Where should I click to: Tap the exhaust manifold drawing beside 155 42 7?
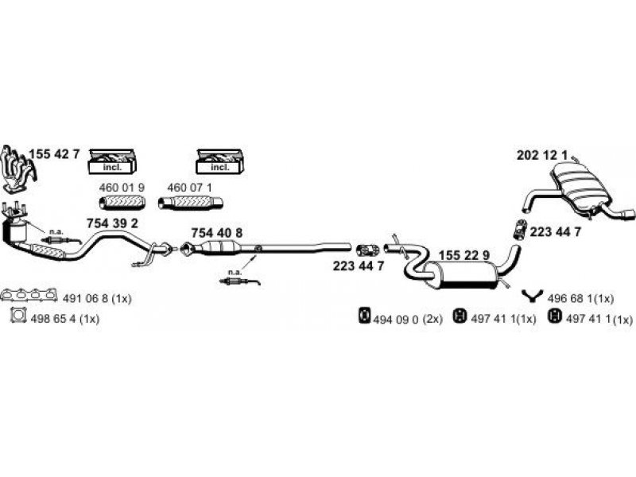click(17, 169)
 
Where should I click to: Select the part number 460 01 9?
click(122, 188)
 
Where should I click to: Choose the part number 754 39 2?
click(112, 223)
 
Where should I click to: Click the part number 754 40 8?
click(217, 232)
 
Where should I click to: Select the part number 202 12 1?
click(542, 155)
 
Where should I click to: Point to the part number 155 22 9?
click(464, 254)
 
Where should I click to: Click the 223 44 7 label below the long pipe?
click(359, 266)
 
